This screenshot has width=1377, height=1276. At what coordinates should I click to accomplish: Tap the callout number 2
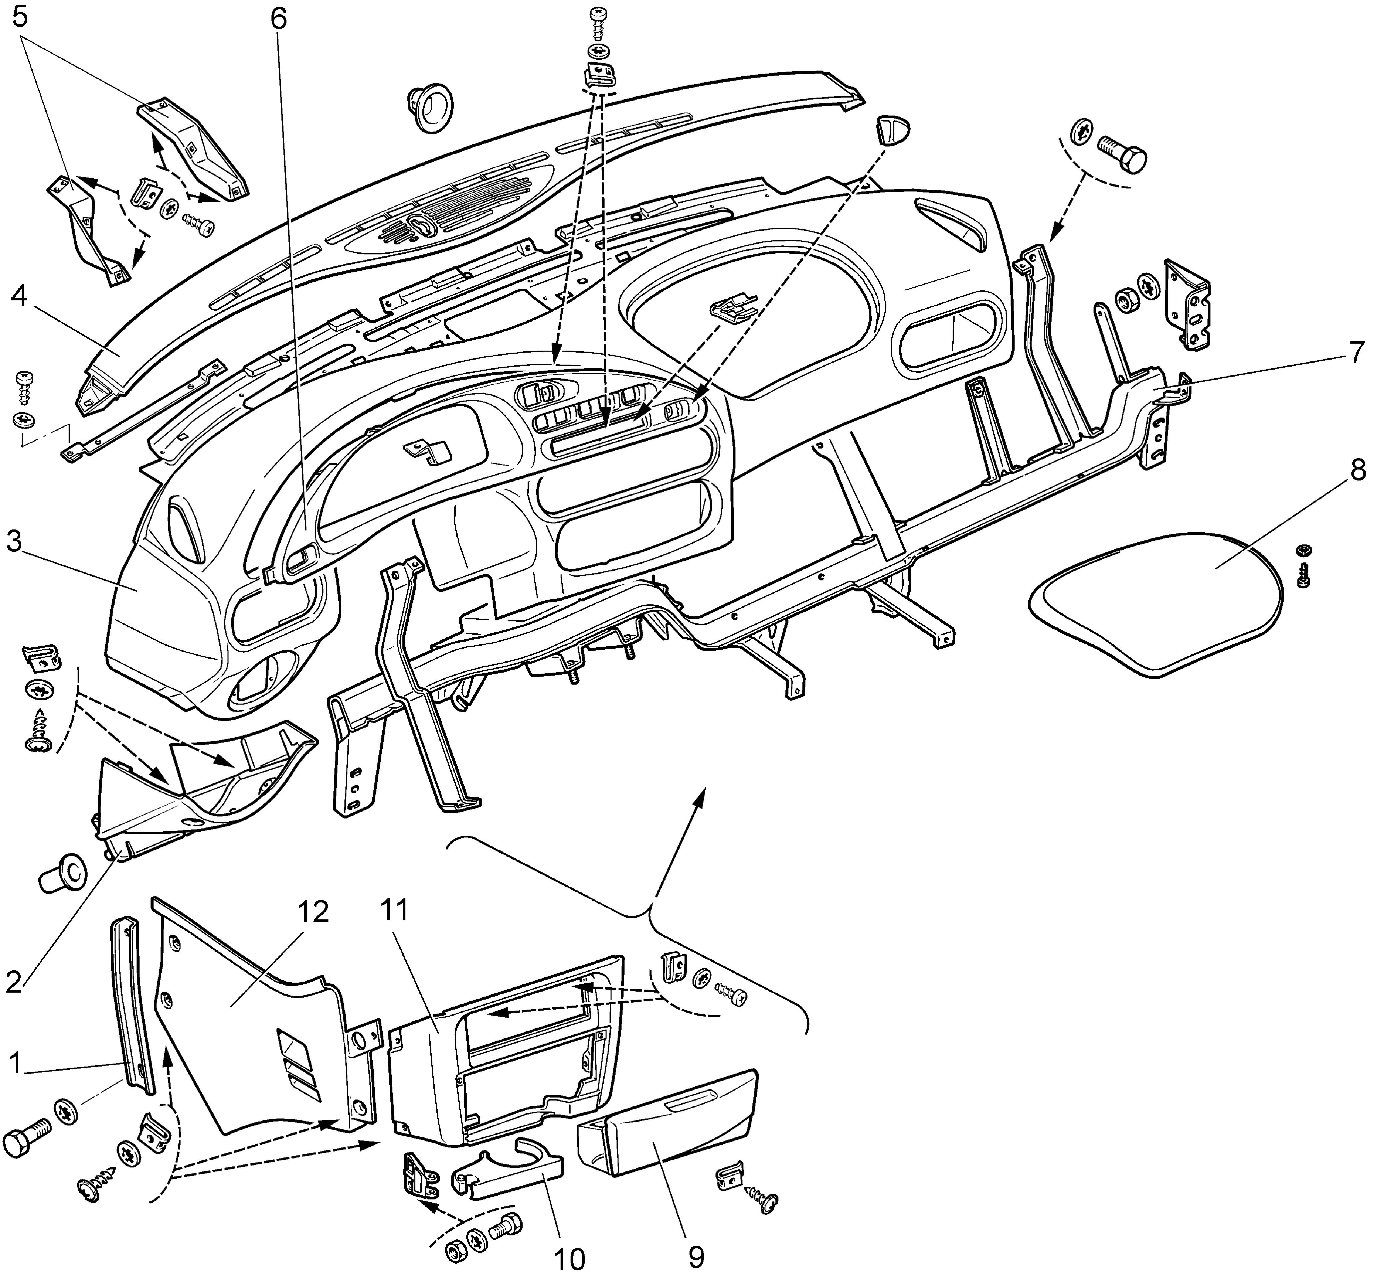(x=15, y=982)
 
